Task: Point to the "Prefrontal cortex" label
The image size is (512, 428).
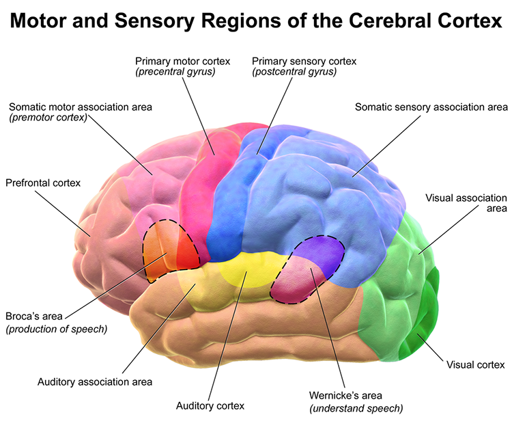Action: pyautogui.click(x=43, y=183)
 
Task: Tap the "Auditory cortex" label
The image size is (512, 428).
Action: pyautogui.click(x=210, y=405)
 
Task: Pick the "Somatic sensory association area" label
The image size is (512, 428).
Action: pyautogui.click(x=431, y=107)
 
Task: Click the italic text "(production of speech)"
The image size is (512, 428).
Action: pyautogui.click(x=57, y=329)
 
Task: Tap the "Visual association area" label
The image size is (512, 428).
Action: pyautogui.click(x=466, y=203)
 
